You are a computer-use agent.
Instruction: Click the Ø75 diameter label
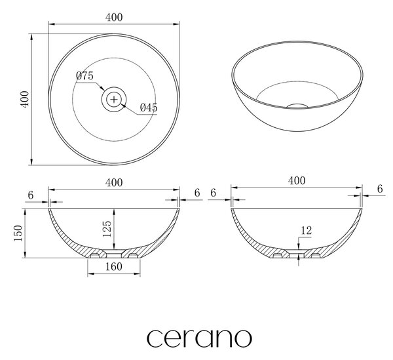pos(84,75)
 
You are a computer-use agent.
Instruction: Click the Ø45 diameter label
pos(149,108)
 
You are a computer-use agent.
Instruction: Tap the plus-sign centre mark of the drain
pos(114,100)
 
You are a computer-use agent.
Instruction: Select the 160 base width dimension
pos(114,267)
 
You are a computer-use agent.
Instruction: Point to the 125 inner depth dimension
pos(107,229)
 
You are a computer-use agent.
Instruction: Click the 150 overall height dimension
pos(18,233)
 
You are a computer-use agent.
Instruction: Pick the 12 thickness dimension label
pos(306,230)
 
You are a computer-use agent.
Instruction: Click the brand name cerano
pos(199,338)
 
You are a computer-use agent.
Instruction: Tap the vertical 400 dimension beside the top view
pos(25,100)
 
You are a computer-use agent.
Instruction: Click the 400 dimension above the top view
pos(114,17)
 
